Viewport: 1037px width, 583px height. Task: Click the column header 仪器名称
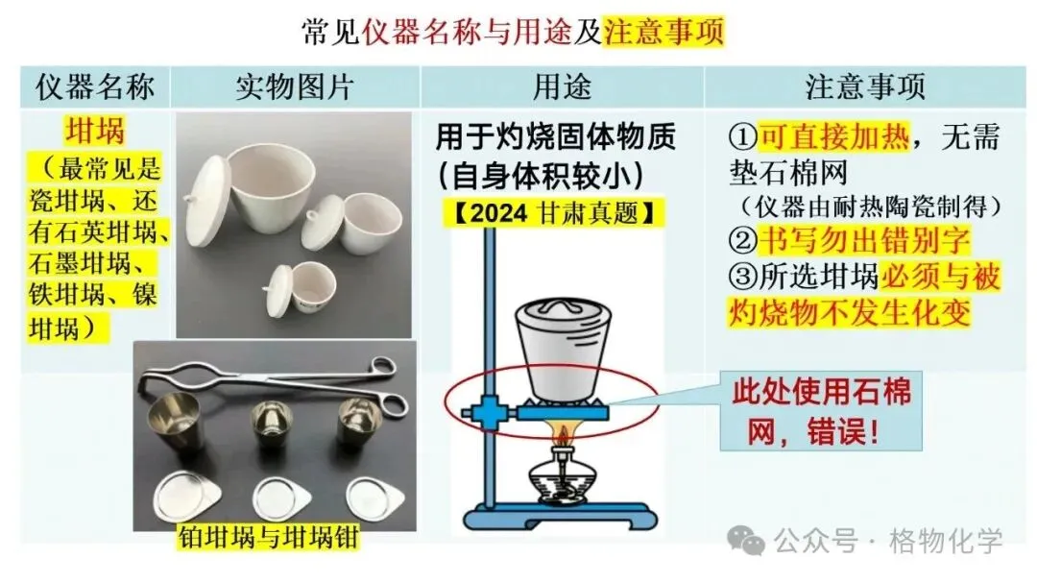(x=95, y=87)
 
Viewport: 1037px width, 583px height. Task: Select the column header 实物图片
(x=295, y=87)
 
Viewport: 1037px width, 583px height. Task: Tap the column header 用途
(x=562, y=87)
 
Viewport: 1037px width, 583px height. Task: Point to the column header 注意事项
(x=865, y=87)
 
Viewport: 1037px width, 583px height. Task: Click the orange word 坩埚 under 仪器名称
(x=94, y=131)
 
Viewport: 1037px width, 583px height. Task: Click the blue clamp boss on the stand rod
(x=489, y=412)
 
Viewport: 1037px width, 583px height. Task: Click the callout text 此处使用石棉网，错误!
(x=821, y=412)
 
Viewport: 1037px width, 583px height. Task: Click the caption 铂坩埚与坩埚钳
(x=268, y=537)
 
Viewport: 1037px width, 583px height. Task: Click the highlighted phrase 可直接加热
(x=834, y=137)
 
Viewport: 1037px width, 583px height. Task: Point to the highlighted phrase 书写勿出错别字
(x=864, y=239)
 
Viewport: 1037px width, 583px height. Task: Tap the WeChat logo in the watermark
(x=745, y=541)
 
